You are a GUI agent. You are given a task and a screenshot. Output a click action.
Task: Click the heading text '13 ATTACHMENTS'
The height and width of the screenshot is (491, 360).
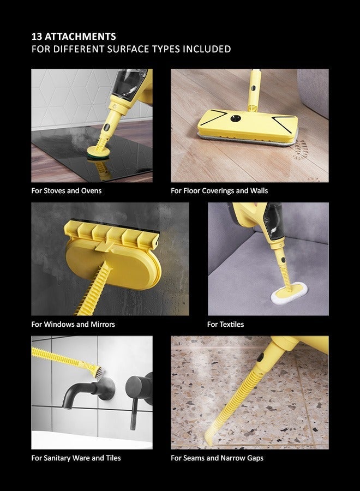[x=74, y=37]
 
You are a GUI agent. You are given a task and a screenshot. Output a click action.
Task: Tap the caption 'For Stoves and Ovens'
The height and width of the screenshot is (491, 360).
[x=67, y=191]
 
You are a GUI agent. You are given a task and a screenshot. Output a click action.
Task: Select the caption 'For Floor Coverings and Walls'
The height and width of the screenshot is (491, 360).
[x=219, y=191]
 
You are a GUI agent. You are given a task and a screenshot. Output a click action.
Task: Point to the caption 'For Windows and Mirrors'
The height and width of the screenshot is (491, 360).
[x=73, y=325]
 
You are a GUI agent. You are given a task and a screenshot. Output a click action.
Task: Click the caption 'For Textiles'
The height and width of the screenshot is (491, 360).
[x=225, y=325]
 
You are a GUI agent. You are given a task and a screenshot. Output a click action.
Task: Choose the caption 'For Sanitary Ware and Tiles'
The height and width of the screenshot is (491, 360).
[x=76, y=458]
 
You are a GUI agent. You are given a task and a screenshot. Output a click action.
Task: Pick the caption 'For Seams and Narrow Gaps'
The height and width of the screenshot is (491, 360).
[x=217, y=458]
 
